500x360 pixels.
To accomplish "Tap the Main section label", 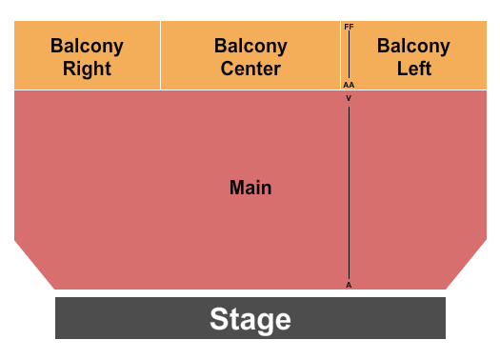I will (250, 188).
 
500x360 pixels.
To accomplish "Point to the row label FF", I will (349, 27).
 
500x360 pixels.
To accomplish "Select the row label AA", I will (349, 85).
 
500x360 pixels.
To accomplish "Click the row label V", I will (349, 98).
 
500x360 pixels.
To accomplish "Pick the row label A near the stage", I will (349, 284).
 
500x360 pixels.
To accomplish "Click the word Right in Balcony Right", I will (87, 69).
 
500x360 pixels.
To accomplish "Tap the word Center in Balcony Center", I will (250, 69).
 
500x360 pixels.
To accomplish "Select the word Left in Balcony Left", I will (413, 69).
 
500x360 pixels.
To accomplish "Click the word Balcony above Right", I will (87, 46).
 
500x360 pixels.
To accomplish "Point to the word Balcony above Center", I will (250, 46).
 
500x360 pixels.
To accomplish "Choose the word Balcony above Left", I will (413, 46).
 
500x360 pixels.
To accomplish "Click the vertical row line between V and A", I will (349, 190).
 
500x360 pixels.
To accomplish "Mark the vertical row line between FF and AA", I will (349, 55).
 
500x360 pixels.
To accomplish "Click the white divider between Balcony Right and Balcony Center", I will (160, 55).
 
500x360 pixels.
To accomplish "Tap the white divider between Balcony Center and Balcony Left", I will (340, 55).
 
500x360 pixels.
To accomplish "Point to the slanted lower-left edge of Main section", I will (34, 264).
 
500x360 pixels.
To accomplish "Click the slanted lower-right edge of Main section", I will (467, 264).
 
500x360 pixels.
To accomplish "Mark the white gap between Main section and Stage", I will (250, 293).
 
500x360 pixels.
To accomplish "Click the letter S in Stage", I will (218, 319).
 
